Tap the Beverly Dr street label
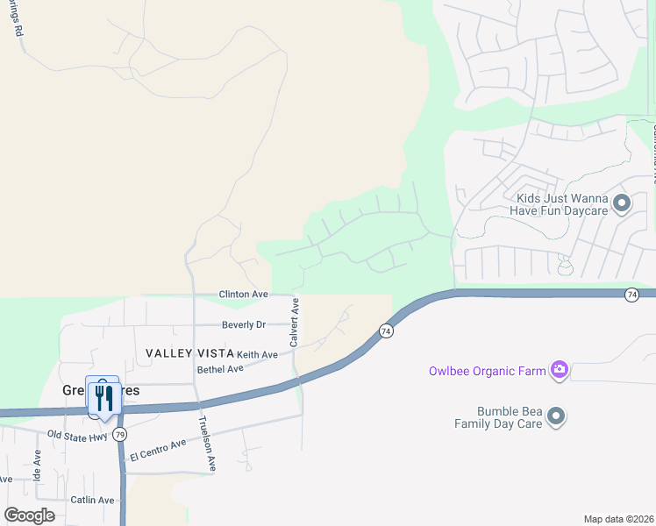click(x=243, y=324)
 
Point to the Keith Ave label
click(x=257, y=354)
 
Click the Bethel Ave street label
click(x=220, y=369)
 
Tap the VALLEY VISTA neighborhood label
click(x=190, y=352)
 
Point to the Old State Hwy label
click(x=78, y=435)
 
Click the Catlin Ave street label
click(x=93, y=500)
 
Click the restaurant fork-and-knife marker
click(x=103, y=398)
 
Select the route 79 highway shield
click(x=120, y=434)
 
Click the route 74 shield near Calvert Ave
click(x=386, y=331)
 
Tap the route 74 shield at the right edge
click(x=631, y=295)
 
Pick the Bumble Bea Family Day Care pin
click(x=555, y=416)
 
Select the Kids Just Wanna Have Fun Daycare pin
click(x=622, y=204)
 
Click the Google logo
click(x=29, y=515)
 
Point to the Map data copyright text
click(x=617, y=519)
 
